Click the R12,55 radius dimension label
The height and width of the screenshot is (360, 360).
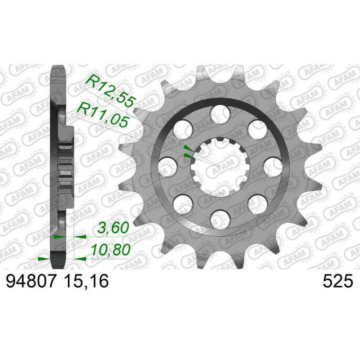(111, 90)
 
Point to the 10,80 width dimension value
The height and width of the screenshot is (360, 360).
(111, 250)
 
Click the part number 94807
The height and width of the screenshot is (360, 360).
(31, 282)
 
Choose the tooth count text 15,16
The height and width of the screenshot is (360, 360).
(86, 282)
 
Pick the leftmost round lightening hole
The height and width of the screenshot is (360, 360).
(168, 166)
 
